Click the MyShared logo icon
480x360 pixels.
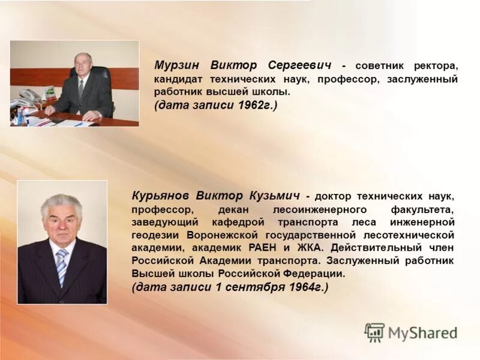[374, 332]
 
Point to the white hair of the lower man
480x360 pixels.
[61, 201]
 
